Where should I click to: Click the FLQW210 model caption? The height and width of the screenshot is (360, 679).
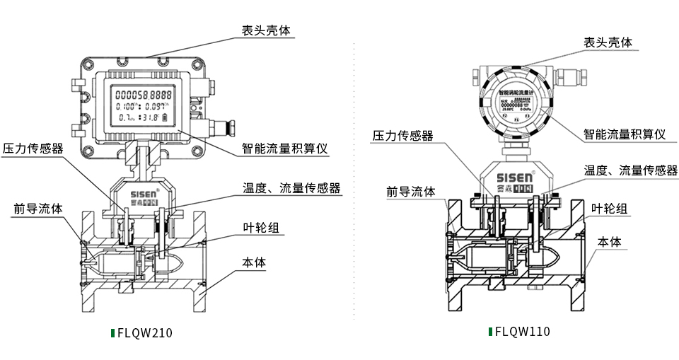coord(145,333)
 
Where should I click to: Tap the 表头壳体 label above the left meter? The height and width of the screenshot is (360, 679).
coord(265,31)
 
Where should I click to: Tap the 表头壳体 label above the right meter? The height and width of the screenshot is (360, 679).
coord(607,43)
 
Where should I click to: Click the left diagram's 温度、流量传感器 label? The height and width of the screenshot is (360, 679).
coord(291,188)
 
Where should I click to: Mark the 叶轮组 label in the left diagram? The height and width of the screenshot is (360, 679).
coord(260,227)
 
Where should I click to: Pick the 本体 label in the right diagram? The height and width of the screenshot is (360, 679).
coord(609,242)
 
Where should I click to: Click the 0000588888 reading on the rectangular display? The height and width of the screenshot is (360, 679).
coord(144,95)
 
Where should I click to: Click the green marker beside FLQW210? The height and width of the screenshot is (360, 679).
coord(113,333)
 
